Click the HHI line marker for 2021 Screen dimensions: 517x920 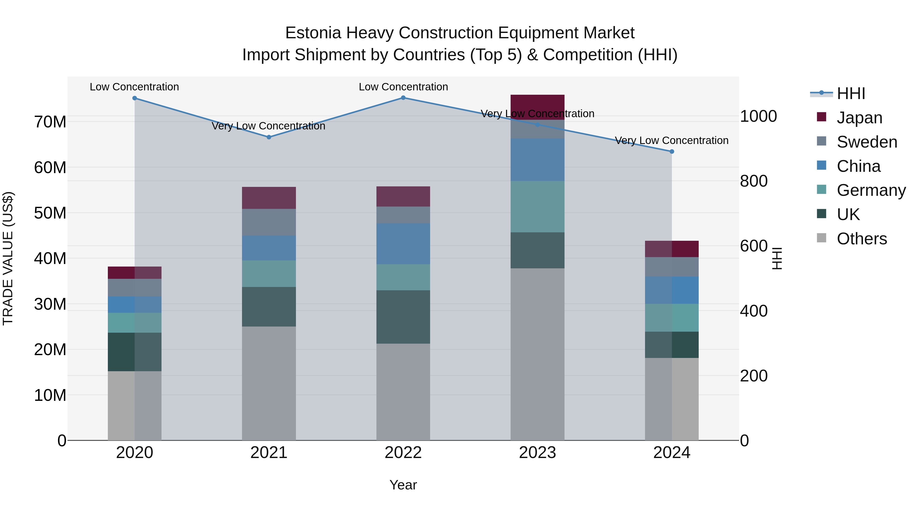point(269,137)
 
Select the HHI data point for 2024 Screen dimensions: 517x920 point(671,151)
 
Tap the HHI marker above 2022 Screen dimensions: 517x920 point(403,98)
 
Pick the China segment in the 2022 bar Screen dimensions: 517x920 point(403,244)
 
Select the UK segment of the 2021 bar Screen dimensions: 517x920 point(269,306)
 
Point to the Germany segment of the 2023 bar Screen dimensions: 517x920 point(537,207)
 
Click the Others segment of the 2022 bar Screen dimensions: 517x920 point(403,392)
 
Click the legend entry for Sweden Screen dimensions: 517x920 point(867,142)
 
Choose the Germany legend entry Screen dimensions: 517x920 point(871,190)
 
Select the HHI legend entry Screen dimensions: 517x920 point(851,93)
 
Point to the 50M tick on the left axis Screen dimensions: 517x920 point(50,213)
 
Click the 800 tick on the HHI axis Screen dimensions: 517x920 point(754,181)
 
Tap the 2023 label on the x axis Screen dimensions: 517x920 point(537,453)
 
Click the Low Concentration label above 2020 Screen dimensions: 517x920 point(134,87)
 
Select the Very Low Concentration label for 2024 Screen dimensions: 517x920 point(671,141)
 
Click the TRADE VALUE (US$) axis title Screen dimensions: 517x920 point(8,258)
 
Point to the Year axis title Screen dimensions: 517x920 point(403,485)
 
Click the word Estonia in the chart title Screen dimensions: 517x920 point(313,33)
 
